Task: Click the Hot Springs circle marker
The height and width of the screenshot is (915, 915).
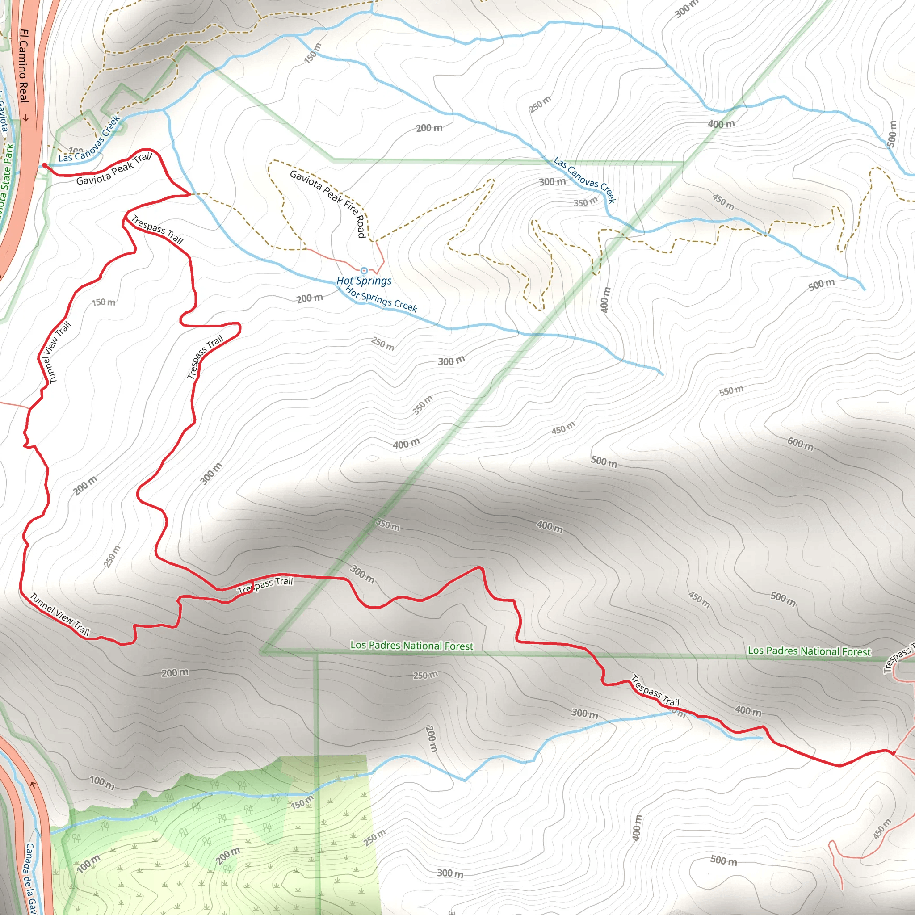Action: coord(364,270)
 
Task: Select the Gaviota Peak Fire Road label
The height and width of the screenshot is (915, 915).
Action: coord(328,203)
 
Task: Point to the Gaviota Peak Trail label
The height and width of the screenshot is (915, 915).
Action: coord(114,169)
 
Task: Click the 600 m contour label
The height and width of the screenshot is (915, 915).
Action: coord(800,444)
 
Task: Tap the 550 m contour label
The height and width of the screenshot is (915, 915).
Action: coord(731,391)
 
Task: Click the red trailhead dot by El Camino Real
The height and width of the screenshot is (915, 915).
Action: coord(45,165)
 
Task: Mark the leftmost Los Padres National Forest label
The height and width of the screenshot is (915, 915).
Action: coord(411,646)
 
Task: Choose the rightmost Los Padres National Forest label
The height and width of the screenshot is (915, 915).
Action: coord(809,651)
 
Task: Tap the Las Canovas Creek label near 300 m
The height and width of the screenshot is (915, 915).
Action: coord(585,180)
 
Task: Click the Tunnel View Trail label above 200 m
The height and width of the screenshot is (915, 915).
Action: coord(60,614)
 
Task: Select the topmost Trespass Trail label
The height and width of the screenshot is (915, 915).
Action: coord(157,229)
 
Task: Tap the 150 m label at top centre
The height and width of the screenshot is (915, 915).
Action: coord(313,53)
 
